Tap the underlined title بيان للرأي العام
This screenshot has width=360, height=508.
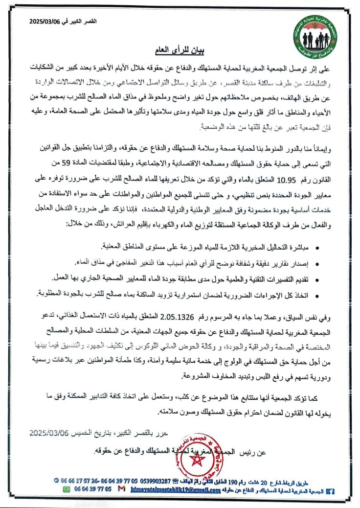coord(174,50)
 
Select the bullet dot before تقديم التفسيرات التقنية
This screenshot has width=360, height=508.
coord(318,279)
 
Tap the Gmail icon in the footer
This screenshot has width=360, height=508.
coord(121,488)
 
